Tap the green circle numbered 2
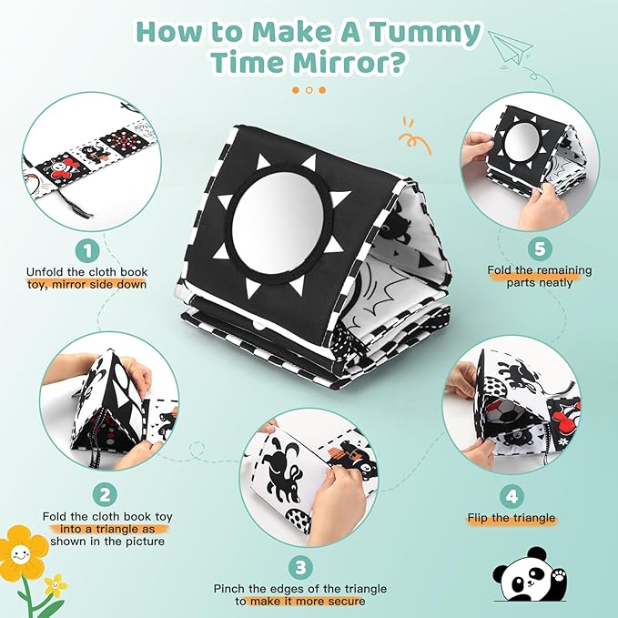[107, 494]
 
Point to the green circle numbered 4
[512, 496]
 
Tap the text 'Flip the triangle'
[512, 519]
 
